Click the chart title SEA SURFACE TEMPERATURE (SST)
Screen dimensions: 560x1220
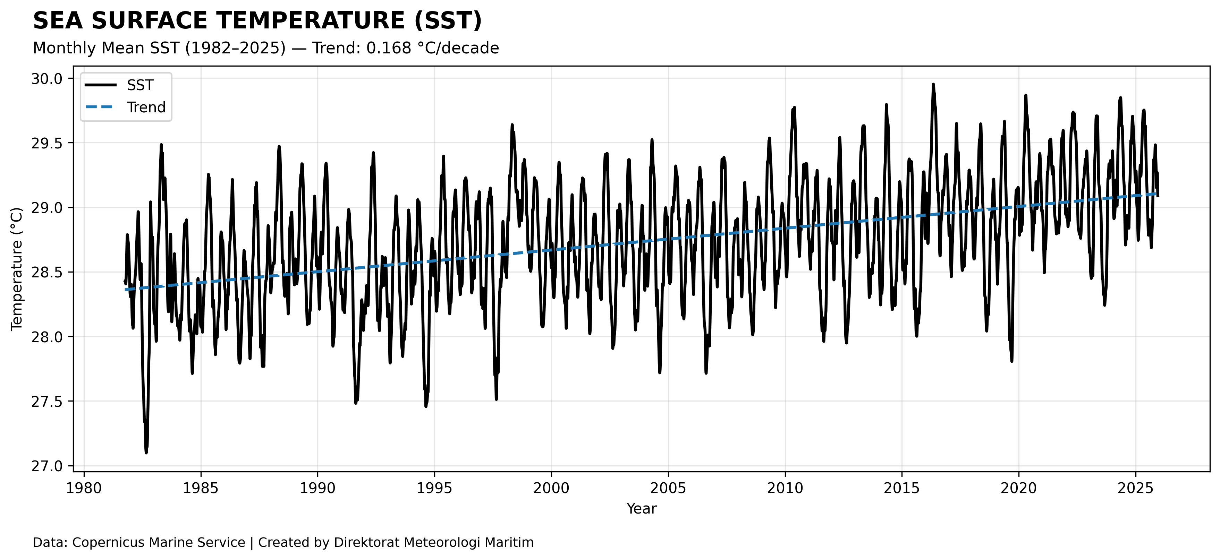tap(257, 21)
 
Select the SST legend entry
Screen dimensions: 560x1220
tap(140, 85)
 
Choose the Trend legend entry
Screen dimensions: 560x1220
tap(146, 107)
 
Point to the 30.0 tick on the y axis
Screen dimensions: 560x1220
tap(46, 79)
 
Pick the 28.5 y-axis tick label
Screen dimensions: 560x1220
tap(46, 272)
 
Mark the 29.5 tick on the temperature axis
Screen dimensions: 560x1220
tap(46, 143)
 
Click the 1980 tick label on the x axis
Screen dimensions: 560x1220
tap(84, 488)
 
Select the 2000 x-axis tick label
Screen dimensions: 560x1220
tap(551, 488)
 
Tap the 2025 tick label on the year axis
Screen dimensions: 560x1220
tap(1136, 488)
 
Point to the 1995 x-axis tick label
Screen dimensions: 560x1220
tap(434, 488)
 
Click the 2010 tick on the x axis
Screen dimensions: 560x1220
tap(785, 488)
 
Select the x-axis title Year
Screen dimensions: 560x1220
tap(641, 509)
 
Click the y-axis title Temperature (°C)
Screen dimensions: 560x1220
tap(17, 268)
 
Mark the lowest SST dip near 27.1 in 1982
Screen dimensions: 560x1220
tap(146, 453)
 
